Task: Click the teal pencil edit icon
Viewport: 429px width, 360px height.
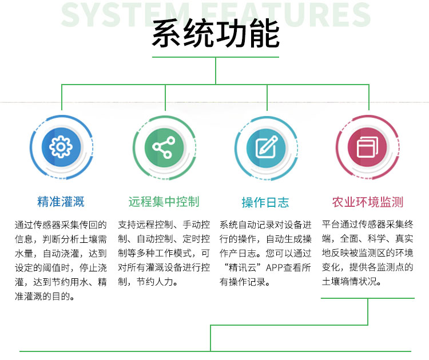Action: tap(266, 147)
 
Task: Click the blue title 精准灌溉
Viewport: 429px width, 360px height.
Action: tap(61, 202)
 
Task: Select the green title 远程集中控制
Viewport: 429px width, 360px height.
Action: tap(164, 202)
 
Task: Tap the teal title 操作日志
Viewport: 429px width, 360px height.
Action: tap(265, 202)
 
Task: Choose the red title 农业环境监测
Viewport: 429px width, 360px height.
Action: tap(368, 202)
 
